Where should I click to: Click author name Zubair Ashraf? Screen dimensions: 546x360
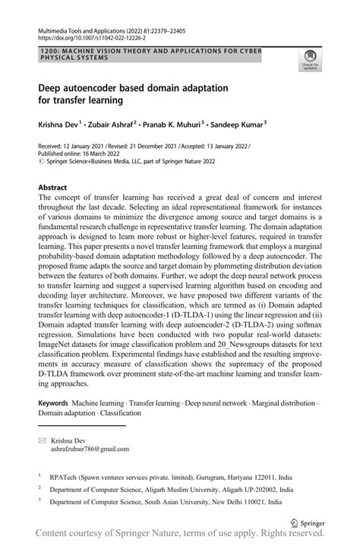[x=122, y=122]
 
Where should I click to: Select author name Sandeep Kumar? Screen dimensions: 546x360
[x=261, y=122]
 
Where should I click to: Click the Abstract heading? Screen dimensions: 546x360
[x=58, y=186]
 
